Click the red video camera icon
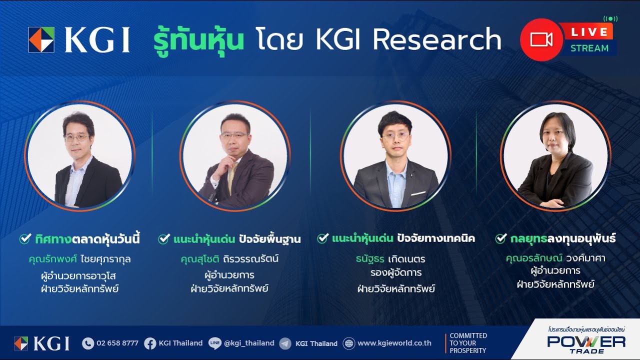pyautogui.click(x=541, y=39)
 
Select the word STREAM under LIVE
pyautogui.click(x=589, y=48)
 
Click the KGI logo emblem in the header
pyautogui.click(x=41, y=40)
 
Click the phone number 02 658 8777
pyautogui.click(x=117, y=343)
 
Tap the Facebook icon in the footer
pyautogui.click(x=150, y=343)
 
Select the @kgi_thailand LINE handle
pyautogui.click(x=249, y=343)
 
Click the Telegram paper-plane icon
pyautogui.click(x=285, y=343)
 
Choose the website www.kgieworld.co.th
pyautogui.click(x=394, y=343)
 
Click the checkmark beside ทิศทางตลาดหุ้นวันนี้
pyautogui.click(x=25, y=239)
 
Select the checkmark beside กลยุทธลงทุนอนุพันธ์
pyautogui.click(x=501, y=239)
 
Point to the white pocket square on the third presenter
pyautogui.click(x=417, y=193)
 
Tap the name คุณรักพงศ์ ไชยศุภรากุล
pyautogui.click(x=80, y=259)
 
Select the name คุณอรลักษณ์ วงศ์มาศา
pyautogui.click(x=555, y=258)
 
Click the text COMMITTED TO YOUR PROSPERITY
pyautogui.click(x=467, y=343)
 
